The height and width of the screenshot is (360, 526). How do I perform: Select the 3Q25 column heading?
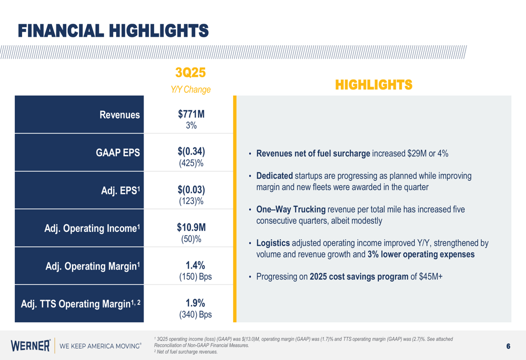click(x=190, y=73)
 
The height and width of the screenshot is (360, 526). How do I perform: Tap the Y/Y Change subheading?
click(x=190, y=90)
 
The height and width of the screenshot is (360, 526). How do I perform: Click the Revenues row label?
click(x=120, y=115)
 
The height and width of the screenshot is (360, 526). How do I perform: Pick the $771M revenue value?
click(x=191, y=114)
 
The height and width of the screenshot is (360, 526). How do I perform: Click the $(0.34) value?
click(x=191, y=152)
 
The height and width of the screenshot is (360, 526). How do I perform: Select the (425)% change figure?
click(x=191, y=163)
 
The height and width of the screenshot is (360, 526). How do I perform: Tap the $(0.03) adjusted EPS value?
click(x=191, y=190)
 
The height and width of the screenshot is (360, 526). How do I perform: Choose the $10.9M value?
click(x=191, y=228)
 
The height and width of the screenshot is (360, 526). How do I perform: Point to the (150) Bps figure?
click(x=191, y=276)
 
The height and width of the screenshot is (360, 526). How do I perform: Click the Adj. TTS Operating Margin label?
click(x=81, y=304)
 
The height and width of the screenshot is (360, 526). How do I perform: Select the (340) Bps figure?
click(x=191, y=314)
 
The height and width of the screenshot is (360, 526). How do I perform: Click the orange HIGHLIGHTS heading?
click(x=373, y=85)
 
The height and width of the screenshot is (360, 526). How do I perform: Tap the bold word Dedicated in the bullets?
click(x=274, y=176)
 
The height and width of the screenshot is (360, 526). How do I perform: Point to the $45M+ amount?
click(x=431, y=276)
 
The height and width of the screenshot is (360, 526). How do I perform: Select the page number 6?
click(x=508, y=346)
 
